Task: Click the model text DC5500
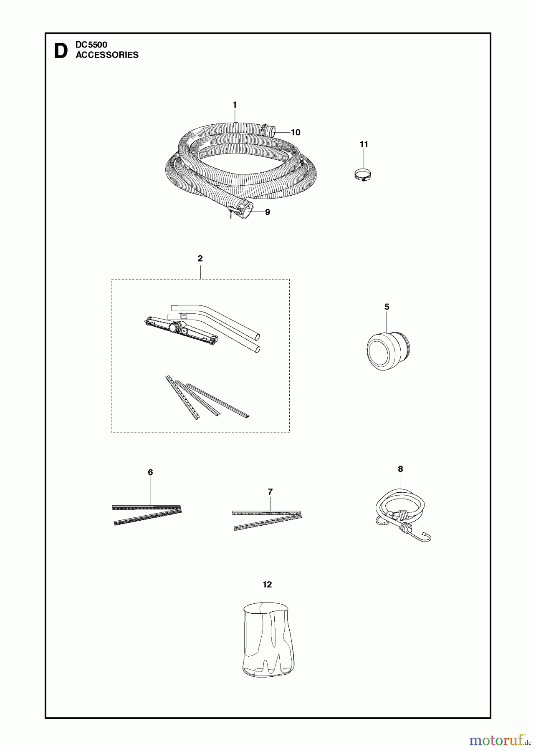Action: pyautogui.click(x=91, y=45)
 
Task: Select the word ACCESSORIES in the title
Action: pyautogui.click(x=107, y=55)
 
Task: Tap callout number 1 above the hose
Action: pyautogui.click(x=235, y=105)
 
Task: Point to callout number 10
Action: pyautogui.click(x=296, y=132)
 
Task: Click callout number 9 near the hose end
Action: pyautogui.click(x=268, y=212)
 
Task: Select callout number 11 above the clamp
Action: pyautogui.click(x=364, y=144)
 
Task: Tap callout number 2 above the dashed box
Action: pyautogui.click(x=200, y=259)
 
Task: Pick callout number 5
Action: pyautogui.click(x=387, y=307)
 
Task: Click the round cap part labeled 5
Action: pyautogui.click(x=388, y=349)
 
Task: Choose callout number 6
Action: pyautogui.click(x=150, y=472)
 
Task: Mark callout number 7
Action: pyautogui.click(x=270, y=492)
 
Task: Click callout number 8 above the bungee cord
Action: pyautogui.click(x=400, y=469)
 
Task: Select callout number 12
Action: pyautogui.click(x=267, y=585)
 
